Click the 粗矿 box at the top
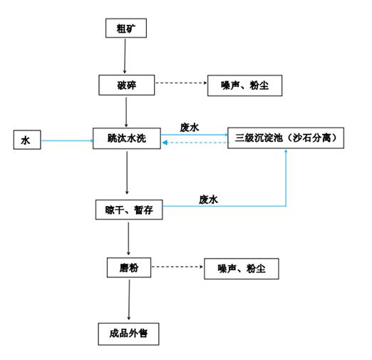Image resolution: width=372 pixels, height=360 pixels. click(126, 28)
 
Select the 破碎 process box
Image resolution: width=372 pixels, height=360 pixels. click(127, 85)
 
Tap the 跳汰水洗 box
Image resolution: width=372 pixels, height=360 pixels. click(127, 138)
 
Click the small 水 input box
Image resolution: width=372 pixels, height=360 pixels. click(27, 140)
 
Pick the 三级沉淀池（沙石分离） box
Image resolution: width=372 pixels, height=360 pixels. click(286, 138)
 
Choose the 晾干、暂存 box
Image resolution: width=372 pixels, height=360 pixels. click(129, 210)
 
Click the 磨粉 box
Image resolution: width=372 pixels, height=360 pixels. click(129, 267)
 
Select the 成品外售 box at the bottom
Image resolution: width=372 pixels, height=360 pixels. click(128, 334)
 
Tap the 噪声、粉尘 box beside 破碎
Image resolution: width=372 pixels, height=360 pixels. click(244, 86)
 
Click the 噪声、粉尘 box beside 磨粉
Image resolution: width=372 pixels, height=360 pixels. click(242, 269)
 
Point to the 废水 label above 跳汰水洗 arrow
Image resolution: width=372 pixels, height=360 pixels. click(190, 128)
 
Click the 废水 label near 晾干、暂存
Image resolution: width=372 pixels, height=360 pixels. click(208, 200)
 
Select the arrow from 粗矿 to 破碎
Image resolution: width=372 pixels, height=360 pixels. click(125, 56)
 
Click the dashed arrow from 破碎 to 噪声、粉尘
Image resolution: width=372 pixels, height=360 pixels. click(181, 83)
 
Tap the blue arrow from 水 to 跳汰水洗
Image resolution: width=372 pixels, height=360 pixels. click(67, 140)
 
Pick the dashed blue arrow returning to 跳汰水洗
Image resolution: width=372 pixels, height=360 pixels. click(195, 143)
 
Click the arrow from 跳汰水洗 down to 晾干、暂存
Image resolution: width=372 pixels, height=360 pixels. click(127, 173)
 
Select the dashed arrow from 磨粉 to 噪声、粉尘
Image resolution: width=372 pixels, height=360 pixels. click(177, 267)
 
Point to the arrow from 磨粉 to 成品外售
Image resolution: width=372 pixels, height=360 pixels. click(129, 299)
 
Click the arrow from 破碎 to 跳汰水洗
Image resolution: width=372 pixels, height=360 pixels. click(126, 112)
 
